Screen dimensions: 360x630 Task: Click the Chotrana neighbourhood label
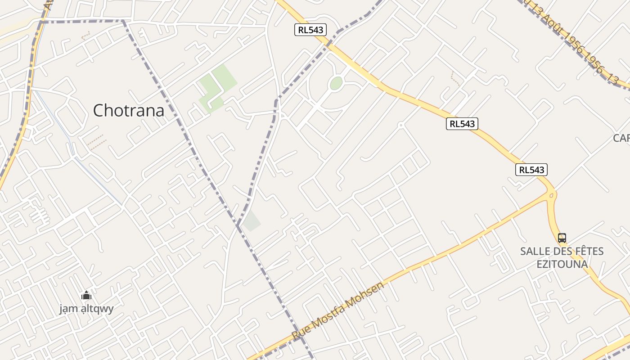(x=129, y=110)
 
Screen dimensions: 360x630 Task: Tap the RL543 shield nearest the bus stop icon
(x=531, y=170)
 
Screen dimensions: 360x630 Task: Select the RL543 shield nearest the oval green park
(x=310, y=30)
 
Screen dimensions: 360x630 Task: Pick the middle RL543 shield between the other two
(x=462, y=124)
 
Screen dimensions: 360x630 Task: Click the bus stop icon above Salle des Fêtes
(x=562, y=238)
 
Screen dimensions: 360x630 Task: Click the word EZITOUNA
(x=562, y=264)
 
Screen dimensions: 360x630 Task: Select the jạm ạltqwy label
(x=86, y=309)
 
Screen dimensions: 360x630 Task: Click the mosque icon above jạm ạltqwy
(x=86, y=296)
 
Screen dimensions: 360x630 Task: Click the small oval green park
(x=336, y=83)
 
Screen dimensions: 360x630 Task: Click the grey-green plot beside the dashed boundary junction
(x=252, y=221)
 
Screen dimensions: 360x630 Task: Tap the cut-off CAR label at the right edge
(x=621, y=138)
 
